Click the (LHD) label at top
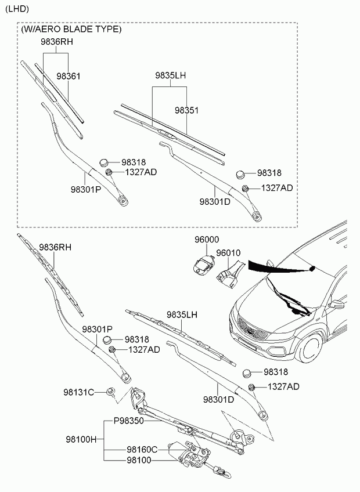17,9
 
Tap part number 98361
69,76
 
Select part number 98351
186,110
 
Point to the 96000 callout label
206,240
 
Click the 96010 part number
228,253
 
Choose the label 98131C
79,392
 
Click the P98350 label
128,421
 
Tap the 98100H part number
81,439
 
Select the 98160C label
142,450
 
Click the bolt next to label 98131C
110,392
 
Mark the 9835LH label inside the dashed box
170,75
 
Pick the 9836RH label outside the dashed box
55,247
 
